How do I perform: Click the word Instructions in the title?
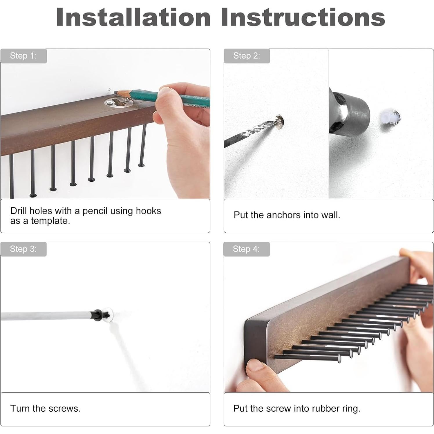pyautogui.click(x=303, y=17)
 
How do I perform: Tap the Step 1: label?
pyautogui.click(x=23, y=55)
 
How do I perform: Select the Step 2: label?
pyautogui.click(x=247, y=55)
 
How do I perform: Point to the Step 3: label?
pyautogui.click(x=23, y=249)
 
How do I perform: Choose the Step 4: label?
pyautogui.click(x=246, y=249)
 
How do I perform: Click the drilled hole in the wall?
pyautogui.click(x=279, y=122)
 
